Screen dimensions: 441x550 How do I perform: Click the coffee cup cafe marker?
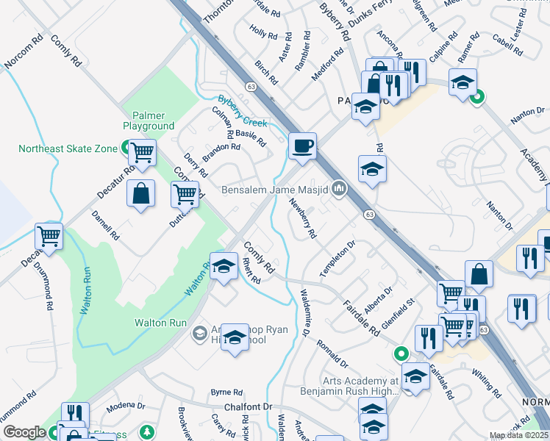302,146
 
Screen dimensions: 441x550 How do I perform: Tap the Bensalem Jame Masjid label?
274,190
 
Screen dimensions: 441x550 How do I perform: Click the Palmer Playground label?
153,121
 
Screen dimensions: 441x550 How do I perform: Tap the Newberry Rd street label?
302,218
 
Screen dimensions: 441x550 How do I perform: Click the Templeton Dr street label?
337,258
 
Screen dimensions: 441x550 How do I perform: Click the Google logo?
24,432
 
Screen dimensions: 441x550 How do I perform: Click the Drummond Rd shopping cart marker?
49,237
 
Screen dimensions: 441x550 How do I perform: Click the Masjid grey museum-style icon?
338,189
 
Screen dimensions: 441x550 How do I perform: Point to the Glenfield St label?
404,310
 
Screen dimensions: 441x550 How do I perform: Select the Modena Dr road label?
126,405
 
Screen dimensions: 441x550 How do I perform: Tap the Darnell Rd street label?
105,226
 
